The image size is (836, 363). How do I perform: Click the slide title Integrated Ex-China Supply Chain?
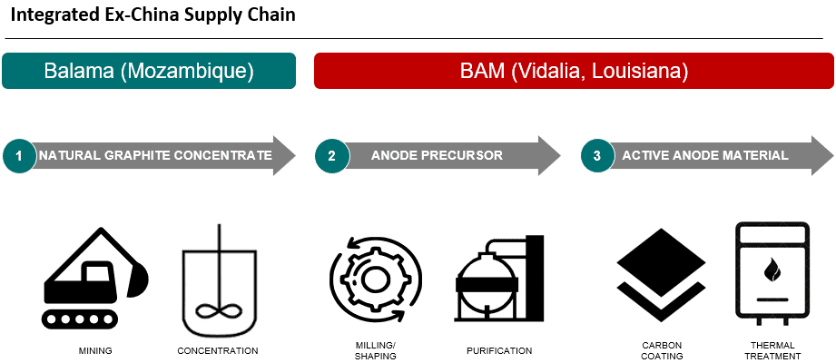[x=153, y=15]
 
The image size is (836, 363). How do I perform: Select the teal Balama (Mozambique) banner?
[x=149, y=71]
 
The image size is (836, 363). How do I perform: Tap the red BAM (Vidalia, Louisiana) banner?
[x=574, y=71]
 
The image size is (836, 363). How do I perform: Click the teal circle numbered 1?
[x=20, y=156]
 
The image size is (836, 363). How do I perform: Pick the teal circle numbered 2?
[x=331, y=156]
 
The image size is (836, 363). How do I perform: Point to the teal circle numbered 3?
[x=597, y=156]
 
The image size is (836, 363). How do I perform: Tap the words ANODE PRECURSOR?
[x=437, y=156]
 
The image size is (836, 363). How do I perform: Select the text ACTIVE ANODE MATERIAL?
[x=705, y=156]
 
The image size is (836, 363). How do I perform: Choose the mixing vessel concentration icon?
[x=219, y=282]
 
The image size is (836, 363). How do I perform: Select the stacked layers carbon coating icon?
[x=661, y=275]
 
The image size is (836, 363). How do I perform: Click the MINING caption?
[x=95, y=350]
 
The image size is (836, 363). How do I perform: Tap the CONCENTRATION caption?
[x=218, y=350]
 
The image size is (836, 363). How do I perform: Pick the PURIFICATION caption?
[x=499, y=350]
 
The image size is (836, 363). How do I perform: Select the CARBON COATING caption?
[x=661, y=350]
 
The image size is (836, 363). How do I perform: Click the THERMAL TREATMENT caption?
[x=772, y=350]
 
